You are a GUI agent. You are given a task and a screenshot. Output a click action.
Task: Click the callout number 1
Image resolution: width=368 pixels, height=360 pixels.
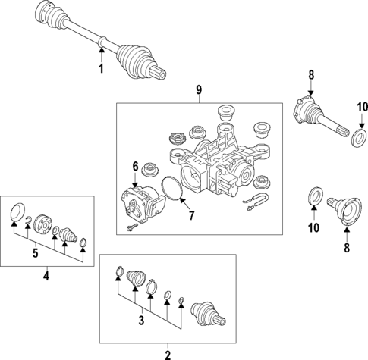click(101, 69)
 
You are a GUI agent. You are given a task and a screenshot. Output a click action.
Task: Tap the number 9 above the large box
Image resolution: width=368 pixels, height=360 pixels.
click(199, 89)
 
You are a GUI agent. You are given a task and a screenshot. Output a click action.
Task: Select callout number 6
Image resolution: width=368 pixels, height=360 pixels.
click(135, 167)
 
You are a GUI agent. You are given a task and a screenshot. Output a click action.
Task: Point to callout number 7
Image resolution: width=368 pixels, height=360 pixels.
click(191, 215)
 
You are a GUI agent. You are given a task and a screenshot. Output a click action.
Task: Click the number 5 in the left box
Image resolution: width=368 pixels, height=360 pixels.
click(36, 253)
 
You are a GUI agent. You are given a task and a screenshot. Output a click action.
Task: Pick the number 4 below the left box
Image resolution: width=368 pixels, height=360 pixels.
click(46, 275)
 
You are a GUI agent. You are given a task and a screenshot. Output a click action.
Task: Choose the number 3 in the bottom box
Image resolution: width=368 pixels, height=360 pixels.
click(141, 321)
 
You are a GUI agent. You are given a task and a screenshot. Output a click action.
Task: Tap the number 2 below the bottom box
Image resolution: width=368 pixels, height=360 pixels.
click(168, 355)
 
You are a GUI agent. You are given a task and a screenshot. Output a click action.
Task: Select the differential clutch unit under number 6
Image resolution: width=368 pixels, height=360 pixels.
click(143, 204)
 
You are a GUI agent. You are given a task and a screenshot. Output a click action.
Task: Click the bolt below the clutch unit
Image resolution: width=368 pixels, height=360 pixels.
click(132, 227)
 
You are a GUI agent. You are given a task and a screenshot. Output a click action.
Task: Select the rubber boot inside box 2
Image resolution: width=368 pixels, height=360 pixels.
click(136, 278)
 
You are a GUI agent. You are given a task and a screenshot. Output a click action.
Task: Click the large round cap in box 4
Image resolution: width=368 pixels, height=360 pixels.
click(17, 211)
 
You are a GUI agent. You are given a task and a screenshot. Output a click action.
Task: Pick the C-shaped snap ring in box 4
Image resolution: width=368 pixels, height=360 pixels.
click(27, 220)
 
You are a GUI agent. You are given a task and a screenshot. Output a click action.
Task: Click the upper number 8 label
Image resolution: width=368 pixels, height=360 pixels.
click(311, 75)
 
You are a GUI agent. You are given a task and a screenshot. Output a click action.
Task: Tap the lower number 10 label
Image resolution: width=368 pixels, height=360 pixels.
click(313, 228)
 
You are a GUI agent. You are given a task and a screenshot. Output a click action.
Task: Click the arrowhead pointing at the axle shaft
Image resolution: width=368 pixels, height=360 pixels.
click(102, 50)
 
